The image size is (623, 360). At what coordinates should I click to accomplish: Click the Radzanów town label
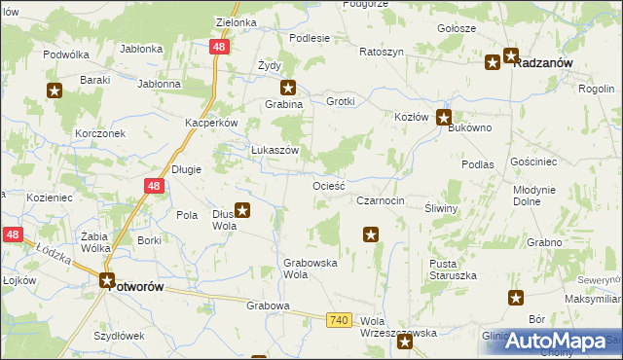542,62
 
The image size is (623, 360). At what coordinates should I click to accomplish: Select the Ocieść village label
329,184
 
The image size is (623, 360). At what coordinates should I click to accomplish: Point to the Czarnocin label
380,200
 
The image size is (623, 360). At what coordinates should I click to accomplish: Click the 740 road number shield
338,320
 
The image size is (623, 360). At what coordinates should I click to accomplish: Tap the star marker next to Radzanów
494,62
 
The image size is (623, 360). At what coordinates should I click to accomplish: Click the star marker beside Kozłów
444,119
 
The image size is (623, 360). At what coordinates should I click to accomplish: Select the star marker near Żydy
287,87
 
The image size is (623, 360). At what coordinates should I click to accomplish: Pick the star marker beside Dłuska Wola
243,209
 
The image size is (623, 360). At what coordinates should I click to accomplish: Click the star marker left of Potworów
109,281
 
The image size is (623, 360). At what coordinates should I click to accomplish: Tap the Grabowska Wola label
311,269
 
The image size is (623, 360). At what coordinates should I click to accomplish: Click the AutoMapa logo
555,341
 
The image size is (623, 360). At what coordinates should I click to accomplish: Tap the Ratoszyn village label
381,51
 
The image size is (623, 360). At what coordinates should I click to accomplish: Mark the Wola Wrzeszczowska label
398,326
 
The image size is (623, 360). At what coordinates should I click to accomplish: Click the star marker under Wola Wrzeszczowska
405,342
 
